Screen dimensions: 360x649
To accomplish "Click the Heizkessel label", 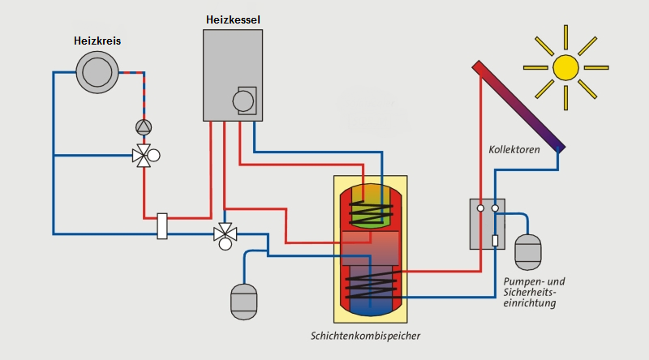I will (x=233, y=19).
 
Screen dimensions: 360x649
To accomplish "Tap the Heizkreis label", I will (x=97, y=41).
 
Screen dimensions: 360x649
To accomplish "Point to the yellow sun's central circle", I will (x=565, y=66).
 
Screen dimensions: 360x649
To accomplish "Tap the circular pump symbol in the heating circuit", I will (x=144, y=126).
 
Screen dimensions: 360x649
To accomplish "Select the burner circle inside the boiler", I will (x=243, y=101).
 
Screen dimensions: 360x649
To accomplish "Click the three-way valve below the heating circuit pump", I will (x=144, y=154).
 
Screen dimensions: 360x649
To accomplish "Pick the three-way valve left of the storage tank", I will (x=223, y=235).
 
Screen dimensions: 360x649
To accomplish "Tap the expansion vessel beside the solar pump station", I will (x=528, y=251).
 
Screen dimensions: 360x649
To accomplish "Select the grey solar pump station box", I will (x=488, y=224).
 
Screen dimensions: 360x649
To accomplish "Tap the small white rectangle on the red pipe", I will (x=162, y=225).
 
